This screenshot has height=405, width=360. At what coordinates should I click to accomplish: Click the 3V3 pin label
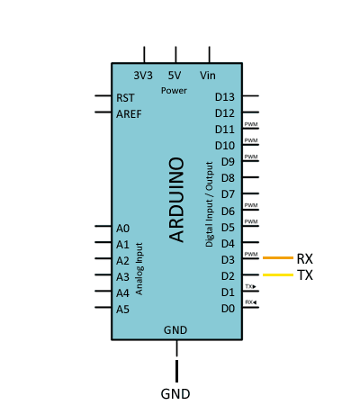[143, 76]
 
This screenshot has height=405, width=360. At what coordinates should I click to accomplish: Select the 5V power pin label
[175, 76]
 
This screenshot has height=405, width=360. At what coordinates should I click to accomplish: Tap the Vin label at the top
[208, 76]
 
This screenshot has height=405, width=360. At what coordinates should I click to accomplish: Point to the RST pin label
[125, 98]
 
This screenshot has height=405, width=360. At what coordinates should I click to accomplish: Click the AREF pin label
[129, 114]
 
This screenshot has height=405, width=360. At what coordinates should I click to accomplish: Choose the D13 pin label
[225, 97]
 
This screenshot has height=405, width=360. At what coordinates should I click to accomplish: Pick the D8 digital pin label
[228, 178]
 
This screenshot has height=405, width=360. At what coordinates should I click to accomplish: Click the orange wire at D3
[278, 257]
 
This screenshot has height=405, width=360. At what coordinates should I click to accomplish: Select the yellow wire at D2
[278, 274]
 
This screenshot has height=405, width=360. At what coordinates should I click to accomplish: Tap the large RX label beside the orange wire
[305, 259]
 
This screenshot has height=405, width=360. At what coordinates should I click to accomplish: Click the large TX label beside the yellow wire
[305, 275]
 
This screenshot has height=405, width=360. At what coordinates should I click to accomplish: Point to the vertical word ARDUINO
[176, 200]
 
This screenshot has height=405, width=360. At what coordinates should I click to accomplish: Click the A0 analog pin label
[122, 229]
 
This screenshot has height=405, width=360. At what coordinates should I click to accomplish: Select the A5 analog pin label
[122, 309]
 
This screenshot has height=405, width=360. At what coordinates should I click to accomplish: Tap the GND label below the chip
[175, 394]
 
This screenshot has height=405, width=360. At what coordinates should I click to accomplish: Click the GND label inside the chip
[175, 330]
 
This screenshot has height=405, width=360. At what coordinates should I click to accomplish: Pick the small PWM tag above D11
[251, 124]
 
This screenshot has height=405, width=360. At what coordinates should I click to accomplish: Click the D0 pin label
[228, 309]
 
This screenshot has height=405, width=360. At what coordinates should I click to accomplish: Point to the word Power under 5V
[174, 90]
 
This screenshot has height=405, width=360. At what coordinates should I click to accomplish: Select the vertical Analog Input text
[139, 269]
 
